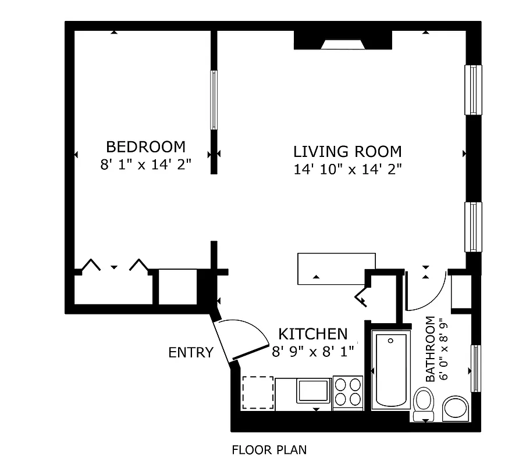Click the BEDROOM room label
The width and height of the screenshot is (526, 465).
145,146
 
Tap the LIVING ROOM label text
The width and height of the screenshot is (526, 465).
347,152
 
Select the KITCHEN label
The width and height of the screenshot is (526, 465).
313,334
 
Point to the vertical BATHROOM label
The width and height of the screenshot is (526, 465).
430,349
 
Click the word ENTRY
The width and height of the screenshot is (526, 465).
190,353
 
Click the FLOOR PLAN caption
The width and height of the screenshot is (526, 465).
269,449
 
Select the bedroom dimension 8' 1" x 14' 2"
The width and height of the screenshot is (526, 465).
145,164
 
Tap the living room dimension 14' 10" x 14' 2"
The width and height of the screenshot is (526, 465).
348,169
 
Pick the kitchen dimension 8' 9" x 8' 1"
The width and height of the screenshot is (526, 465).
313,351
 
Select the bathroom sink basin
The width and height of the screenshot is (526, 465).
455,408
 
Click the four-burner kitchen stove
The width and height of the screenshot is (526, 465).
348,392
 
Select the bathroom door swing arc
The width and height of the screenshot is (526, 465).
428,291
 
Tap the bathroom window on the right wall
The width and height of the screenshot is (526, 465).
475,368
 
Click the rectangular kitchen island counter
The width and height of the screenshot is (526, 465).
336,269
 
